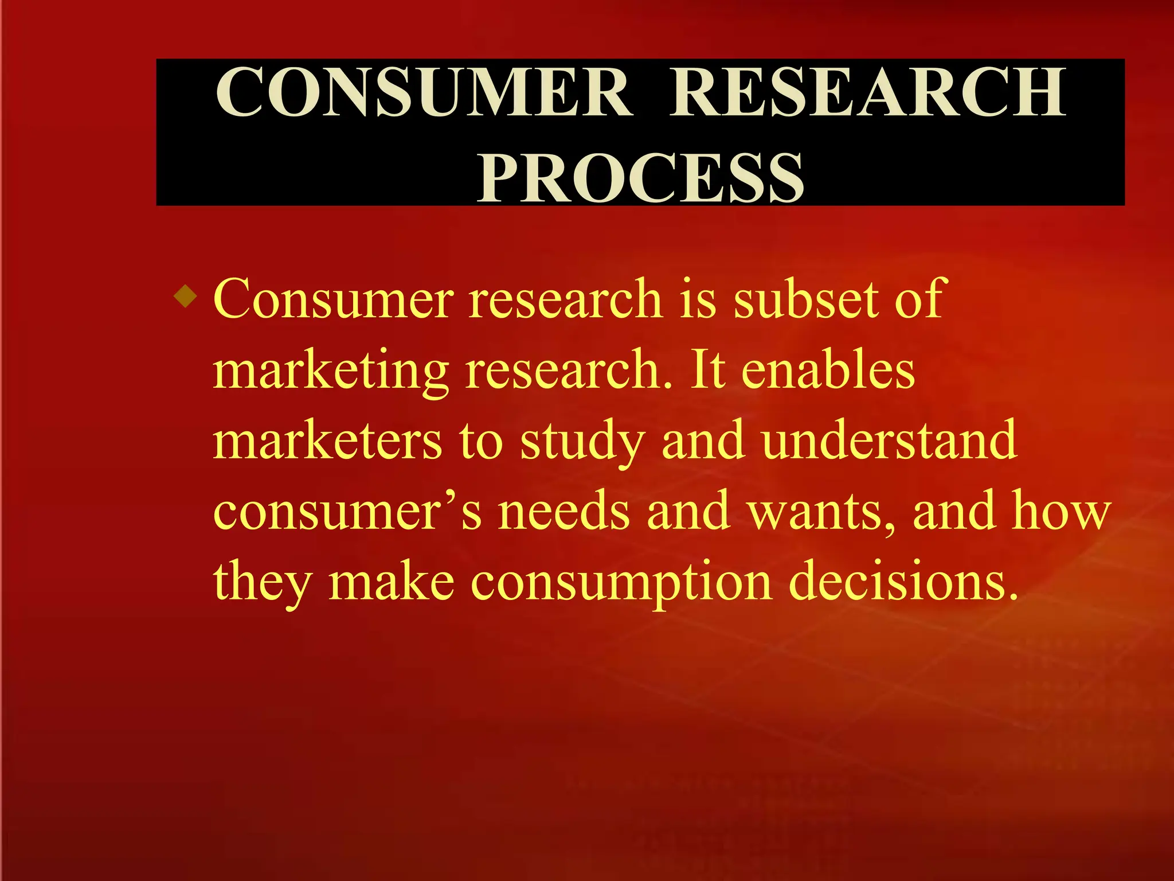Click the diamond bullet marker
tap(186, 297)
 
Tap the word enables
tap(828, 370)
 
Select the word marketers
tap(327, 440)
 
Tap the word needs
tap(564, 510)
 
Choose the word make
tap(392, 581)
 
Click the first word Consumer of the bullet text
tap(333, 299)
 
